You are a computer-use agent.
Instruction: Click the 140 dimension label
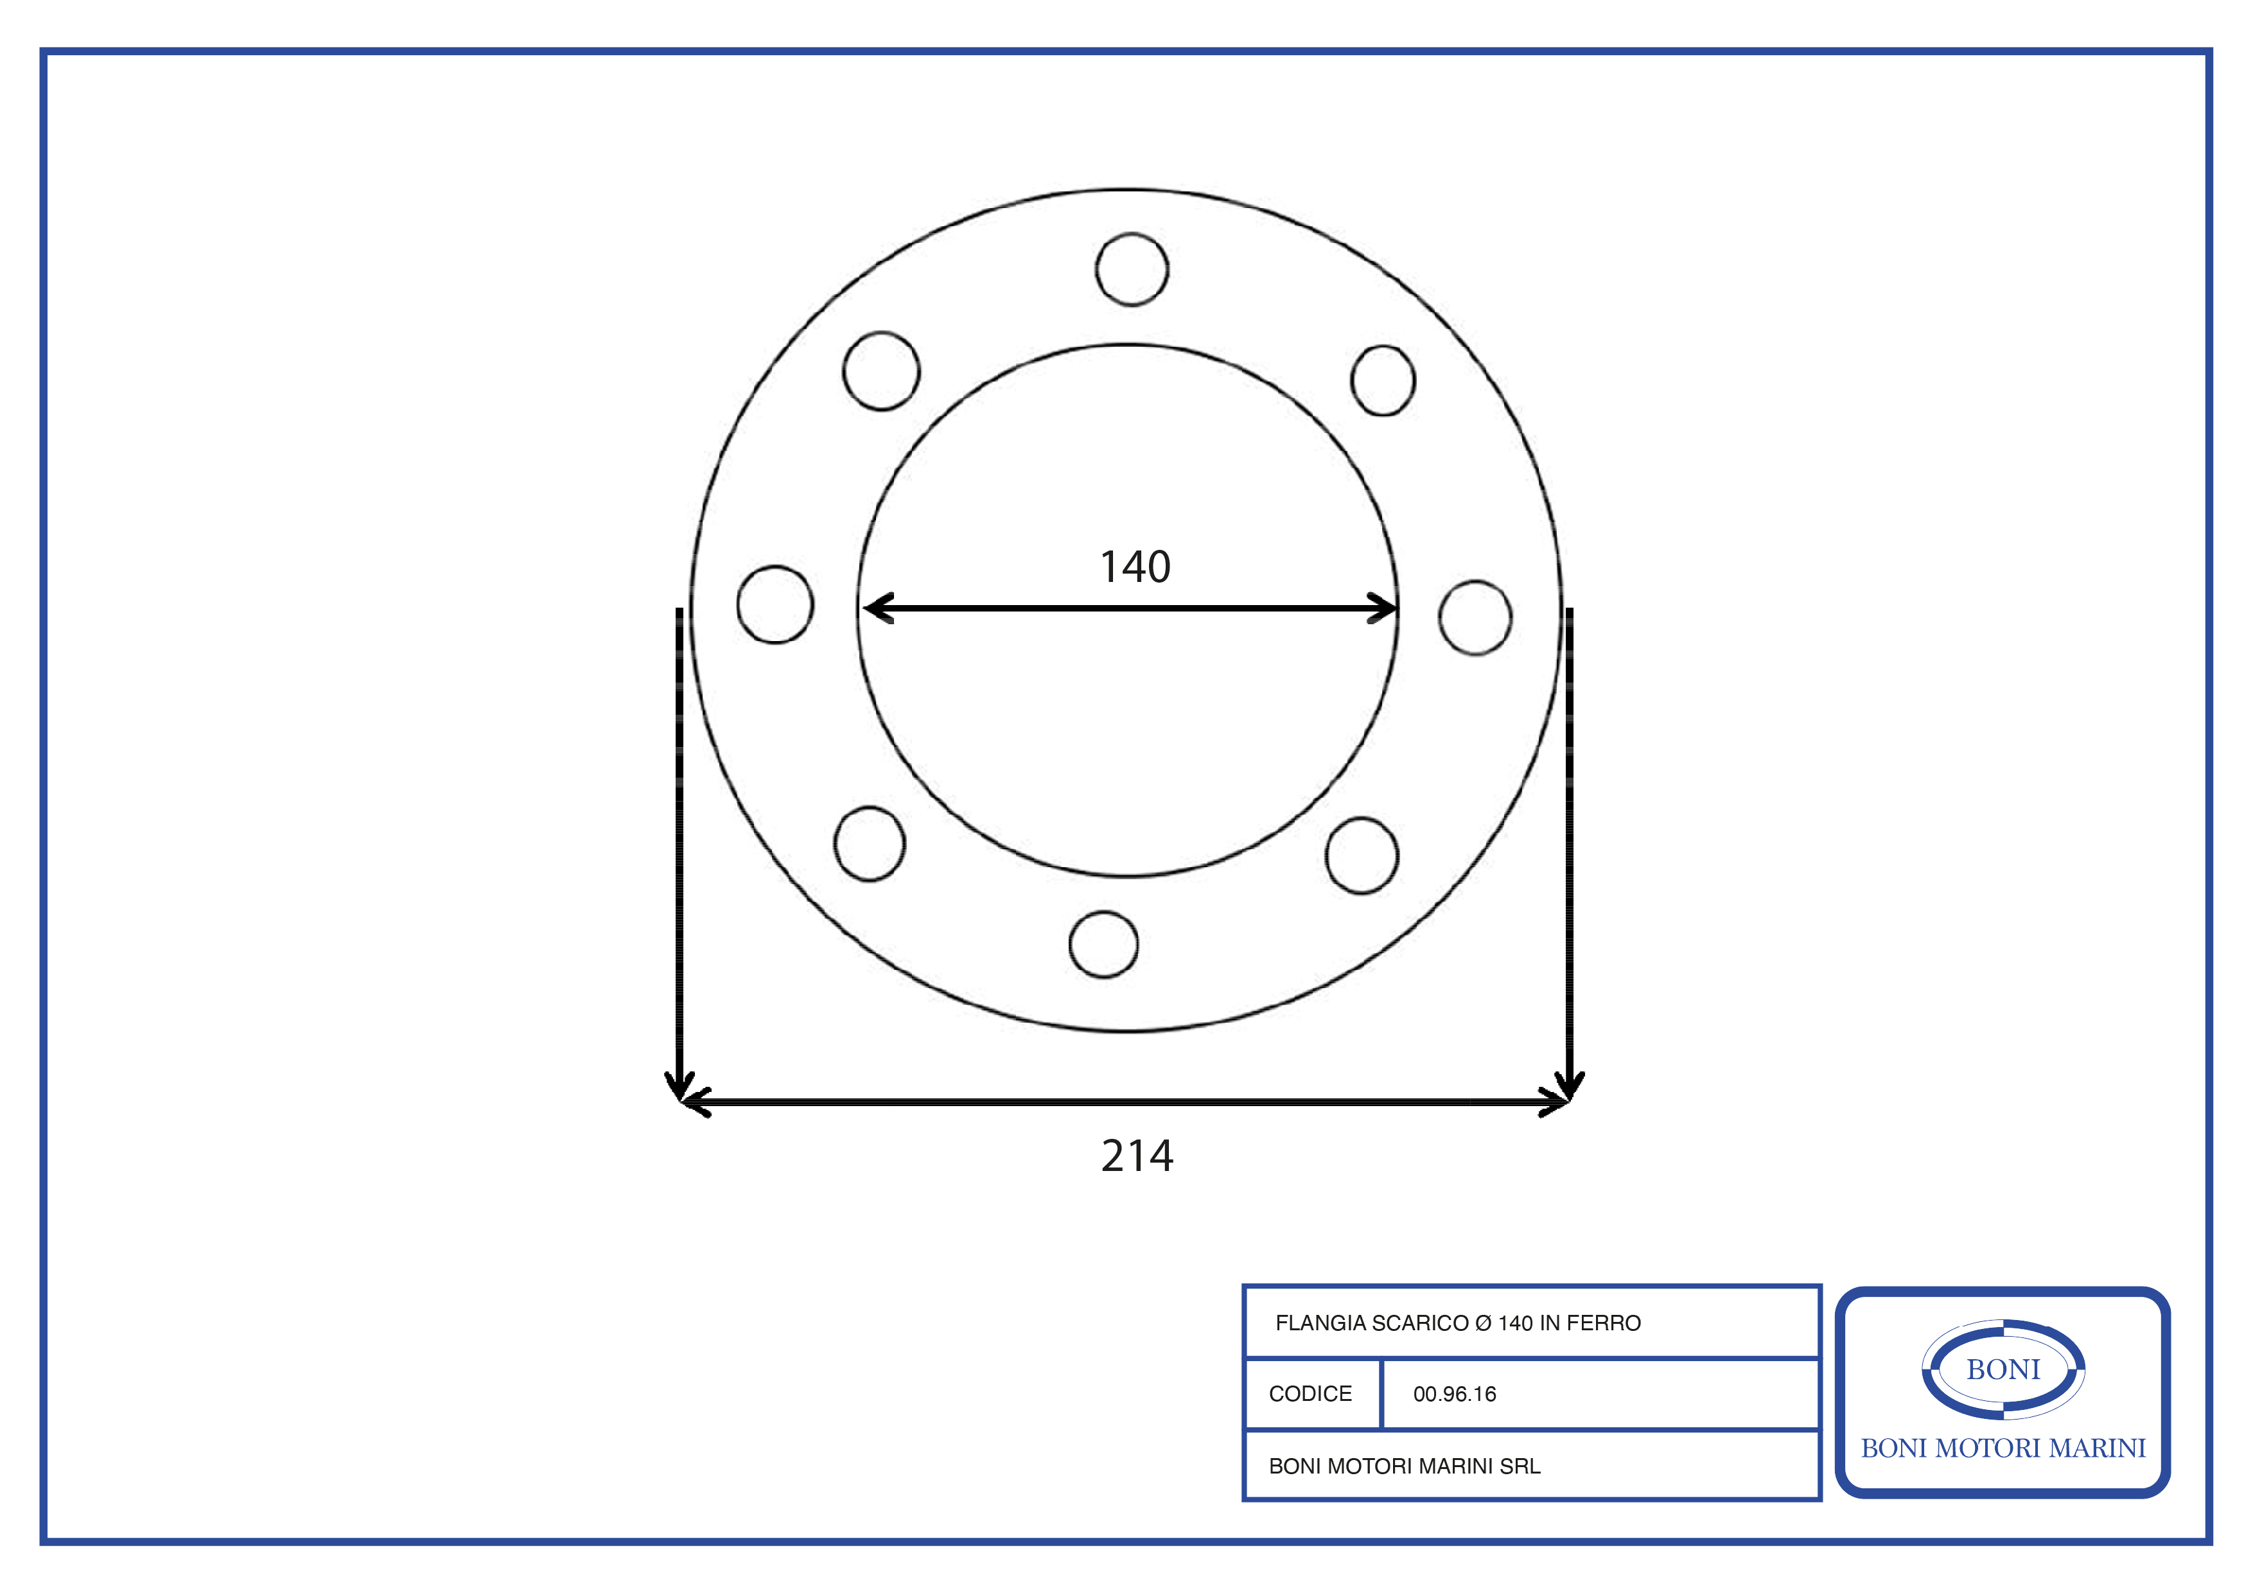coord(1135,567)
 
